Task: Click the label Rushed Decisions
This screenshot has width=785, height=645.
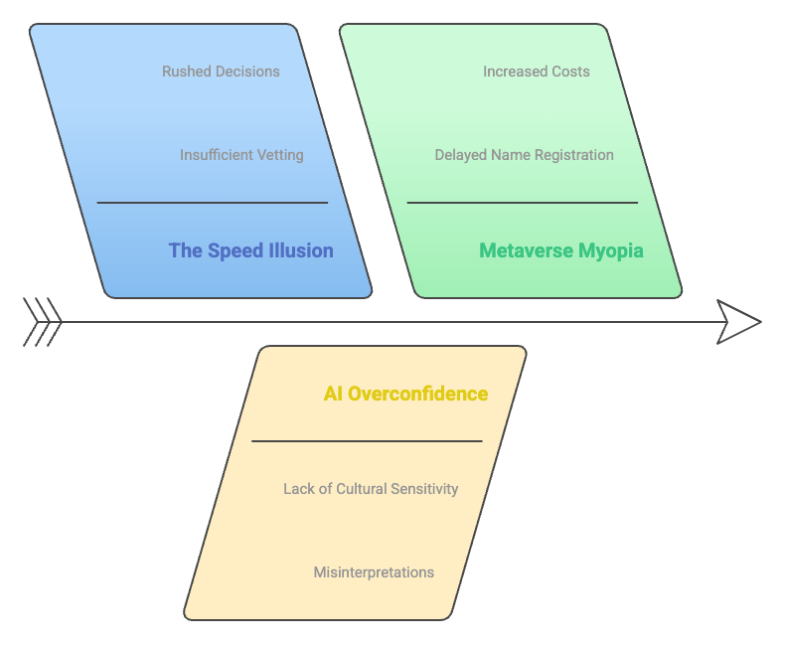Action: [x=221, y=72]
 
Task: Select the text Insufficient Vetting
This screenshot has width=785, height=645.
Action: [x=241, y=155]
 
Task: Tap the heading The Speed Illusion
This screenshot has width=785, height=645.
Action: [x=250, y=250]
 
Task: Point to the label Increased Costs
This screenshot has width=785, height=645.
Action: [x=537, y=72]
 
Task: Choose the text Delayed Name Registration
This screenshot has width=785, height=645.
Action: [x=524, y=155]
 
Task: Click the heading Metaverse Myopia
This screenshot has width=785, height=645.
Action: [x=561, y=250]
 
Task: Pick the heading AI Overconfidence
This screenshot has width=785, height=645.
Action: [x=405, y=394]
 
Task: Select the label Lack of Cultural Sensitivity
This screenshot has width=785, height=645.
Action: [x=371, y=489]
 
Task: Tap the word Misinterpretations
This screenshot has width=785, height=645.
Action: [x=374, y=572]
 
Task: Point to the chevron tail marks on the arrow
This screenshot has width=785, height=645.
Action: [x=43, y=322]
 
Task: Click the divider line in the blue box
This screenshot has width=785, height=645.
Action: [x=212, y=203]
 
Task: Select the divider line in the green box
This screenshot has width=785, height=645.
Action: [x=522, y=203]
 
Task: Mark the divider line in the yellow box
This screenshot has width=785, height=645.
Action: [x=367, y=441]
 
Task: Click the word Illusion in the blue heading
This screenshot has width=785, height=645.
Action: [x=301, y=250]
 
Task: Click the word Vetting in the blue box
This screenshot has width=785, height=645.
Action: [x=278, y=155]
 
